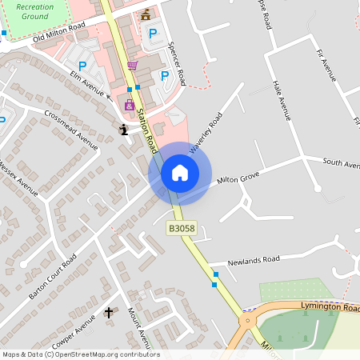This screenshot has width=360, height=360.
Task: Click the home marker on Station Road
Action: point(180,172)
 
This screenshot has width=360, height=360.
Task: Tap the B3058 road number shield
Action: point(180,229)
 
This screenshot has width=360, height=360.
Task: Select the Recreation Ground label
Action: point(34,11)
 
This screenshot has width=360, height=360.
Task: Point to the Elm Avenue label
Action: point(89,83)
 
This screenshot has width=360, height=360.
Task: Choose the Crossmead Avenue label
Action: point(71,128)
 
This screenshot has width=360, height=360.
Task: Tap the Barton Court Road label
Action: point(52,276)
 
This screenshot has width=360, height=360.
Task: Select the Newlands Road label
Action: point(254,260)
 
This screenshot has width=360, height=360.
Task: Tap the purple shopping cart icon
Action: point(132,66)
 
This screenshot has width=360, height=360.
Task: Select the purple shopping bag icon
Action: point(129,105)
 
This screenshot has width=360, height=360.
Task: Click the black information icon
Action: point(123,129)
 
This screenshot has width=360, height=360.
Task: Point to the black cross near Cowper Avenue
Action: point(110,311)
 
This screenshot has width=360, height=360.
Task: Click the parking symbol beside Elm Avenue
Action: point(81,66)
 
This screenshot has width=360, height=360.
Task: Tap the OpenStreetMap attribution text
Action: point(80,354)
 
